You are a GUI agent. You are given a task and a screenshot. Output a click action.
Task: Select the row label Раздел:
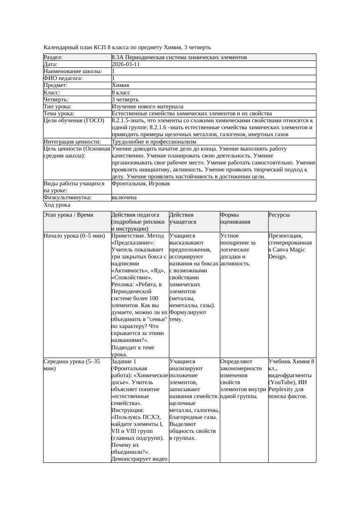[x=53, y=57]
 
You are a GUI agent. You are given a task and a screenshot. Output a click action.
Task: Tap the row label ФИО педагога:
[x=63, y=78]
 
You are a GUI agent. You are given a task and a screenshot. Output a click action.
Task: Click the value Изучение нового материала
[x=147, y=107]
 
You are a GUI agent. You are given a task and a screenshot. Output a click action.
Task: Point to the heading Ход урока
[x=57, y=205]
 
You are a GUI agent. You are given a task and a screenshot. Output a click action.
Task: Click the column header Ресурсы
[x=279, y=215]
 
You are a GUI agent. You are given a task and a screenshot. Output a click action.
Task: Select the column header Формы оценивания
[x=235, y=218]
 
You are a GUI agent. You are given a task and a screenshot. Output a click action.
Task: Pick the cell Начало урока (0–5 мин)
[x=74, y=236]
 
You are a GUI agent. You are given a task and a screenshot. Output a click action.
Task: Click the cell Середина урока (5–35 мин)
[x=72, y=365]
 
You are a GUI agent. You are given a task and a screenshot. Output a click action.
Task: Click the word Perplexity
[x=282, y=389]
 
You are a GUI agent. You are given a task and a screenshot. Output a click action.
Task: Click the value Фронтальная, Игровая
[x=141, y=184]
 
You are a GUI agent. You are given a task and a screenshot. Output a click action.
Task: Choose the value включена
[x=124, y=198]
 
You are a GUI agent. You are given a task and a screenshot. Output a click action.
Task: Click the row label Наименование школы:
[x=73, y=71]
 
